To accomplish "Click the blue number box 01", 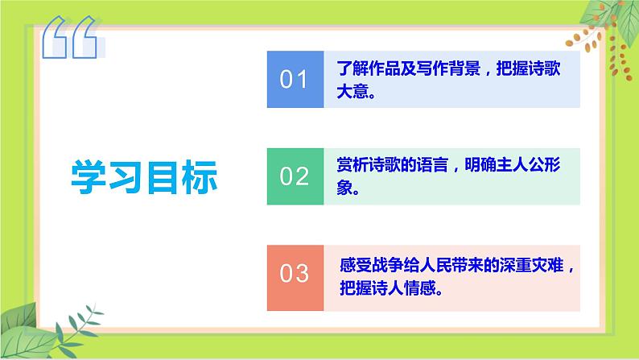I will point(294,79).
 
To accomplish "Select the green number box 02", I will point(294,176).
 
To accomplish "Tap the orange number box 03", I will point(294,273).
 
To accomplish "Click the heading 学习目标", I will point(145,176).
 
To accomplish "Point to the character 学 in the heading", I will point(90,176).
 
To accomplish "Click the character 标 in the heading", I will point(200,176).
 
